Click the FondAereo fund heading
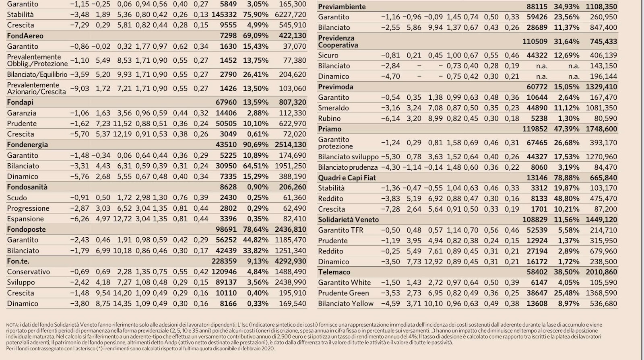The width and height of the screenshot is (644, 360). click(25, 36)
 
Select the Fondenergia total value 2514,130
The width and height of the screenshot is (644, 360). click(290, 144)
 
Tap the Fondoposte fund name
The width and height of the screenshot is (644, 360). click(26, 229)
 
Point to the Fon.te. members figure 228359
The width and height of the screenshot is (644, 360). click(224, 261)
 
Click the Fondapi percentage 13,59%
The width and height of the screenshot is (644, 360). click(256, 102)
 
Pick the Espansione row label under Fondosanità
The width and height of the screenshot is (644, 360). click(25, 219)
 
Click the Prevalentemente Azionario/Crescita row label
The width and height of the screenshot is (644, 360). click(37, 88)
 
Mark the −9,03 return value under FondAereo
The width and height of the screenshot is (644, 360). click(79, 88)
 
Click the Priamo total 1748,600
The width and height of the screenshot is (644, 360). click(601, 129)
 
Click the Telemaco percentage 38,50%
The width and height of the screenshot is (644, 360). click(566, 272)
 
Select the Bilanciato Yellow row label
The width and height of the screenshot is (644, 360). click(346, 304)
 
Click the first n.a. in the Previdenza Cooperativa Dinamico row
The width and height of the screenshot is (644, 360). click(542, 76)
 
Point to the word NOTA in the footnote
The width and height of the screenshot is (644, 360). click(12, 325)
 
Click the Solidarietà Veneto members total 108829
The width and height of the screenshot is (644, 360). click(535, 220)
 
